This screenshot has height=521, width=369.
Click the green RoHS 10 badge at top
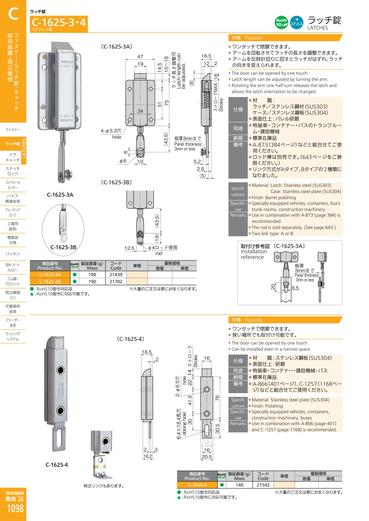pyautogui.click(x=281, y=23)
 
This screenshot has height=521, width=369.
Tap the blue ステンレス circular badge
pyautogui.click(x=296, y=23)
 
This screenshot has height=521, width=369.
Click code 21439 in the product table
pyautogui.click(x=116, y=274)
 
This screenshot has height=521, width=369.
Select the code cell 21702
pyautogui.click(x=116, y=281)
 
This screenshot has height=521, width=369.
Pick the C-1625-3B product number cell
pyautogui.click(x=50, y=281)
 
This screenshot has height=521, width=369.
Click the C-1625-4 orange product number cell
pyautogui.click(x=197, y=485)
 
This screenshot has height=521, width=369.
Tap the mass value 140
pyautogui.click(x=239, y=485)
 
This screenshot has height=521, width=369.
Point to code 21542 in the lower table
pyautogui.click(x=263, y=485)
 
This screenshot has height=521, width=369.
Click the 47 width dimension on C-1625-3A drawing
pyautogui.click(x=140, y=57)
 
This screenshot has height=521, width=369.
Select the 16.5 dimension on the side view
pyautogui.click(x=206, y=56)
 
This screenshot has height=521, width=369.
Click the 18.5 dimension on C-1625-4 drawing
pyautogui.click(x=147, y=352)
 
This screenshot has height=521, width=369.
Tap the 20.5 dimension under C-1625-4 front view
pyautogui.click(x=207, y=457)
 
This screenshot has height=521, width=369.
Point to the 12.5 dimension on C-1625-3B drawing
pyautogui.click(x=129, y=248)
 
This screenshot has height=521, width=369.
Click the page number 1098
pyautogui.click(x=15, y=509)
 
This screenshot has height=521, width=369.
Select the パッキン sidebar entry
pyautogui.click(x=13, y=254)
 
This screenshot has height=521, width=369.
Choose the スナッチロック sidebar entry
pyautogui.click(x=13, y=171)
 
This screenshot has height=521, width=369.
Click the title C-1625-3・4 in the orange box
pyautogui.click(x=59, y=23)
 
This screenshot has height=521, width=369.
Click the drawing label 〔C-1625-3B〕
pyautogui.click(x=116, y=182)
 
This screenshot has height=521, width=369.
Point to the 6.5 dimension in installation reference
pyautogui.click(x=295, y=288)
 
